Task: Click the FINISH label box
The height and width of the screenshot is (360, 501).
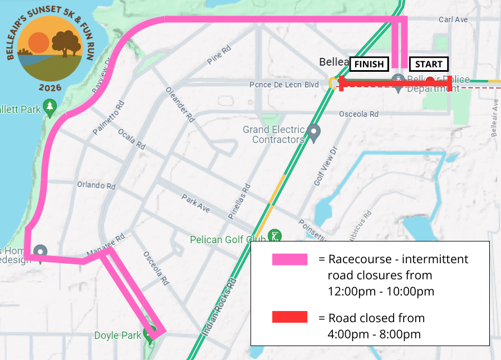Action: [x=369, y=64]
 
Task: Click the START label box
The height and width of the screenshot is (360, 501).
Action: [x=429, y=64]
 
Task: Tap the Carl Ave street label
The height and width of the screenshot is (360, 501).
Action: [x=453, y=19]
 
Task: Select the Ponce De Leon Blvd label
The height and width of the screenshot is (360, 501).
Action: [x=284, y=85]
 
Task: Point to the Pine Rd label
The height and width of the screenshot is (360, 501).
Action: [x=218, y=55]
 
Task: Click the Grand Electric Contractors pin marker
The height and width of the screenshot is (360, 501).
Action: [x=315, y=133]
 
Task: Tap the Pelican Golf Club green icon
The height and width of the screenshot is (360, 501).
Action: [x=274, y=235]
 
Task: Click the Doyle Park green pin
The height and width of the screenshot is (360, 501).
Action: [x=149, y=334]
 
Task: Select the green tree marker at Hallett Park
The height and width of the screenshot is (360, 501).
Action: [x=50, y=107]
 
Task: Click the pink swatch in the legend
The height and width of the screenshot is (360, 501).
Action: [x=289, y=259]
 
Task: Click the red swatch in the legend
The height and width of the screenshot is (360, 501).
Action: [x=289, y=317]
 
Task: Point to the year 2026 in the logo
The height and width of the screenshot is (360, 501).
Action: [x=50, y=88]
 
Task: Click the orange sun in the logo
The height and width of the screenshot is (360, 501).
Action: [x=39, y=42]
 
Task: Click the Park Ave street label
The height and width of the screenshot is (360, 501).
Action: [x=196, y=203]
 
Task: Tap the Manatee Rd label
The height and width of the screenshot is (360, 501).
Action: [x=105, y=245]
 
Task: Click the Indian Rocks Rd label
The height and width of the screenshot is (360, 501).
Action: [x=219, y=306]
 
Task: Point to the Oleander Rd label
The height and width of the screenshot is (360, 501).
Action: [x=180, y=104]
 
